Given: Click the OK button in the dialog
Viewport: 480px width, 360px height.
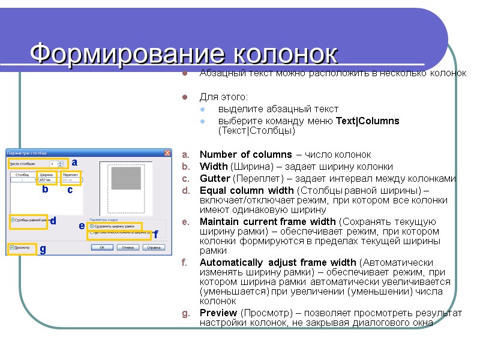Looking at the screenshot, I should click(x=102, y=247).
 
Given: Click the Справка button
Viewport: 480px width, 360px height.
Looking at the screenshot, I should click(x=154, y=247).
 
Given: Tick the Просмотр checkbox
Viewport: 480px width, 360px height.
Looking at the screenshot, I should click(x=12, y=247).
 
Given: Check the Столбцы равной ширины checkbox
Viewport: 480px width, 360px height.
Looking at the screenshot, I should click(x=12, y=220).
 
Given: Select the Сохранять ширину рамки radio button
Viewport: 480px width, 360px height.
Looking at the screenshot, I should click(x=91, y=226).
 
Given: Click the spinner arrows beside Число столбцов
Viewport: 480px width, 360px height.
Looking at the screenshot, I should click(x=62, y=163).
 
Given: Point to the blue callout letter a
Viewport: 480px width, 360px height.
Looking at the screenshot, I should click(x=74, y=162).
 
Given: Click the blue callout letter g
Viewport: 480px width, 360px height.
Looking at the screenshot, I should click(x=43, y=250).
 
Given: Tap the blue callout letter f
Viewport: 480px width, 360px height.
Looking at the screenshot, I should click(x=155, y=235).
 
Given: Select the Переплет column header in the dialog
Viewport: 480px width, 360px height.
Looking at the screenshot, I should click(x=70, y=174).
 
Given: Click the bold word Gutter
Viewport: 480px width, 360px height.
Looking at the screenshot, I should click(x=215, y=179).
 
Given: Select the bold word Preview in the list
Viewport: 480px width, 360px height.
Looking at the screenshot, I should click(x=218, y=313).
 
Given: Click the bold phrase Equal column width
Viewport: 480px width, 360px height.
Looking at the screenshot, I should click(x=247, y=191).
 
